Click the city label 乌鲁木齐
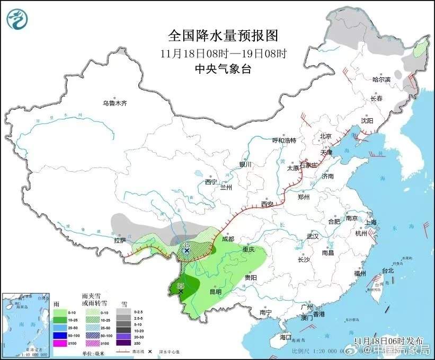point(115,103)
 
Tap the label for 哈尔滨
point(381,79)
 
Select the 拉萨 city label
point(120,240)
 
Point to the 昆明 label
point(215,291)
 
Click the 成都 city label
point(228,239)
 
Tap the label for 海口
point(286,337)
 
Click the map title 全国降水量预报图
point(223,36)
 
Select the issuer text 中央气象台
point(223,68)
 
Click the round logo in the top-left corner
point(17,19)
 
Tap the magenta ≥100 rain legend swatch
point(59,343)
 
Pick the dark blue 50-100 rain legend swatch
point(59,336)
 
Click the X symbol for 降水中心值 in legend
point(150,351)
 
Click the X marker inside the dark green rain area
point(181,292)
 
